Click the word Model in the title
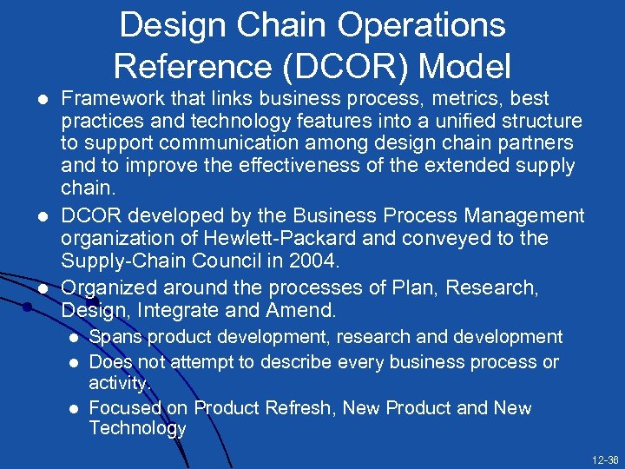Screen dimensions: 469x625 click(470, 65)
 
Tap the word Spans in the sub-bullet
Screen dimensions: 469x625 click(113, 337)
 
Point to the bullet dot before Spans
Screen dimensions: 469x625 click(76, 338)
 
